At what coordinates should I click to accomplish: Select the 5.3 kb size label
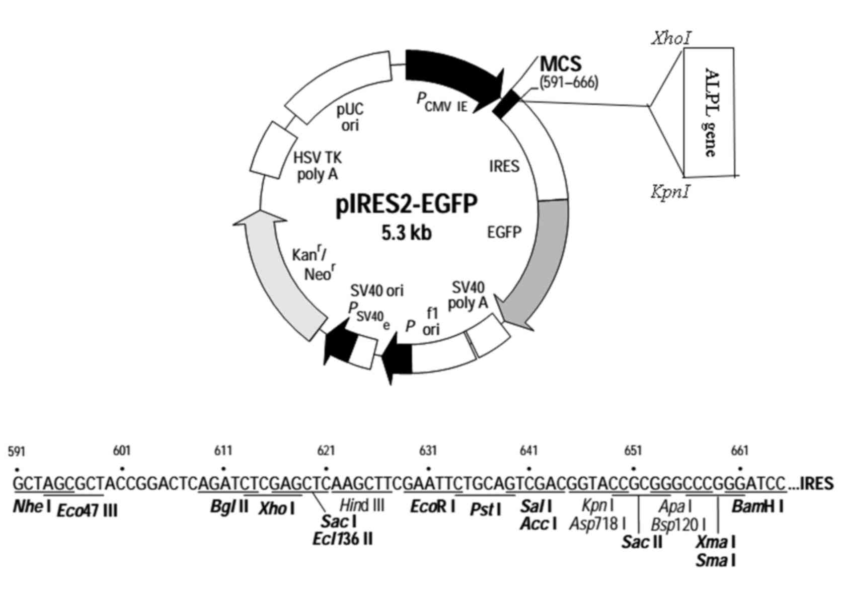[x=407, y=233]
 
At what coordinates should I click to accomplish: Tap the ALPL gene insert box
[x=709, y=112]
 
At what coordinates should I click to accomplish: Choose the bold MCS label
[x=561, y=64]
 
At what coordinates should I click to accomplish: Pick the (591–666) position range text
[x=569, y=82]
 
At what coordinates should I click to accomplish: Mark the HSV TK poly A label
[x=317, y=166]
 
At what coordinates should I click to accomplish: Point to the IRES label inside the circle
[x=504, y=166]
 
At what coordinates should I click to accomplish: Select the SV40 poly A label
[x=468, y=295]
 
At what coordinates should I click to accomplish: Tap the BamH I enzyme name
[x=757, y=507]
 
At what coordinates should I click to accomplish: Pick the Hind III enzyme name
[x=362, y=505]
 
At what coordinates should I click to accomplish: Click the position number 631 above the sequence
[x=428, y=451]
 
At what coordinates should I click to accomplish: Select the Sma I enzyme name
[x=715, y=560]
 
